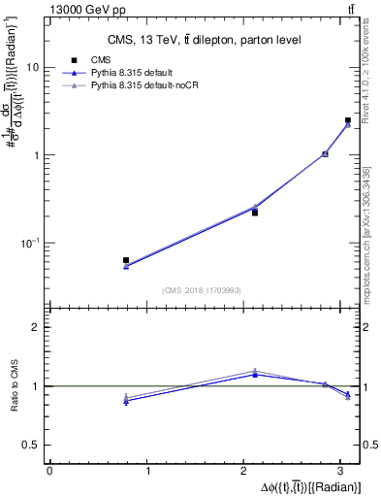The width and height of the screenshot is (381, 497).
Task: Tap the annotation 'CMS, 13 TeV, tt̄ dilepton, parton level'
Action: (203, 40)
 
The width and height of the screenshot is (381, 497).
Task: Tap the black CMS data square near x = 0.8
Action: (126, 260)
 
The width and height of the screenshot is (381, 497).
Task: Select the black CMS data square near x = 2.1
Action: (255, 212)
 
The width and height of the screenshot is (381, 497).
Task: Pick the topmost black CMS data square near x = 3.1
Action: (348, 120)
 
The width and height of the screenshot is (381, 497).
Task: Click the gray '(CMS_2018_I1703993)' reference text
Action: (203, 290)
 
